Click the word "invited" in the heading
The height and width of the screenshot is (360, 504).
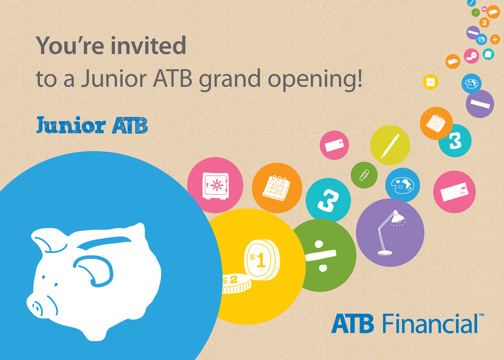click(149, 45)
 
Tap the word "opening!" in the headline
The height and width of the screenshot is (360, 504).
click(315, 80)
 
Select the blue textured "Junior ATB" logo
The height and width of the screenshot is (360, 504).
click(92, 125)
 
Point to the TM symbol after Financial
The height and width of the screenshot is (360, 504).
click(481, 315)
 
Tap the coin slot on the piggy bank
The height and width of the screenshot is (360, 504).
click(104, 242)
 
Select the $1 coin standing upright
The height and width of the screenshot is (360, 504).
click(262, 260)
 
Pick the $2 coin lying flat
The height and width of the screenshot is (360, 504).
click(236, 284)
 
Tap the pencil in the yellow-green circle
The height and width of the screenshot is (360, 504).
click(390, 146)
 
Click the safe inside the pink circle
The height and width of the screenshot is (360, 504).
click(215, 186)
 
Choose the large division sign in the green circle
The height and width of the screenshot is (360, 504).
click(320, 256)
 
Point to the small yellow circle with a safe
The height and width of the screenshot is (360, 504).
click(430, 82)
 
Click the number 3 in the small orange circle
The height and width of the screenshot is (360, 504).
click(485, 23)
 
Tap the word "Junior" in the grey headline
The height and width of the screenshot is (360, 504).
click(114, 79)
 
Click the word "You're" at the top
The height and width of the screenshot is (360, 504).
click(70, 45)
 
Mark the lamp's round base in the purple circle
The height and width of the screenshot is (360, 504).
click(385, 253)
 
